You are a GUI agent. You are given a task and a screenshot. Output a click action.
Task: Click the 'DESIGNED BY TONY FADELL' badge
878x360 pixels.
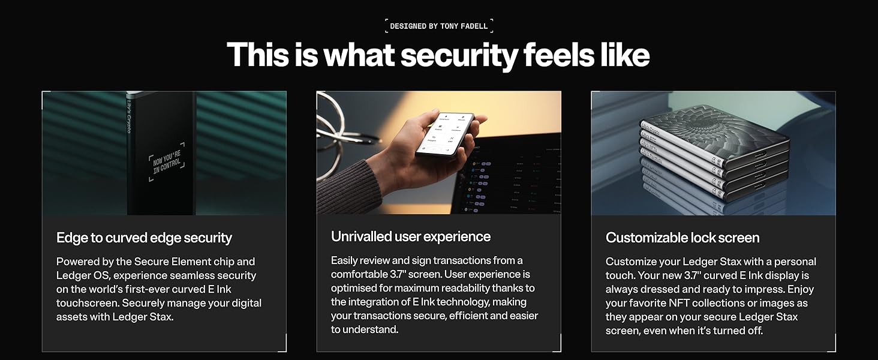(439, 26)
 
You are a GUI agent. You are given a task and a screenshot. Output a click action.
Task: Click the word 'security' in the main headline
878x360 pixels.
(459, 55)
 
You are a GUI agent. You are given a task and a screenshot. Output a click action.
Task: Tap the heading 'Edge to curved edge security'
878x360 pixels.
(144, 238)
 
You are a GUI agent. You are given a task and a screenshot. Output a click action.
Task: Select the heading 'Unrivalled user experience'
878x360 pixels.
(411, 236)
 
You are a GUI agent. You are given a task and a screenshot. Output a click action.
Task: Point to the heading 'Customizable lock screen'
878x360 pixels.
(682, 238)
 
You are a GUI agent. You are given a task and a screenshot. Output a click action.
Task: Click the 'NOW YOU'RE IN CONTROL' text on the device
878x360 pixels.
(166, 161)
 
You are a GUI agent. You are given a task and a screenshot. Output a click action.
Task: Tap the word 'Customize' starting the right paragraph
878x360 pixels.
(632, 262)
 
